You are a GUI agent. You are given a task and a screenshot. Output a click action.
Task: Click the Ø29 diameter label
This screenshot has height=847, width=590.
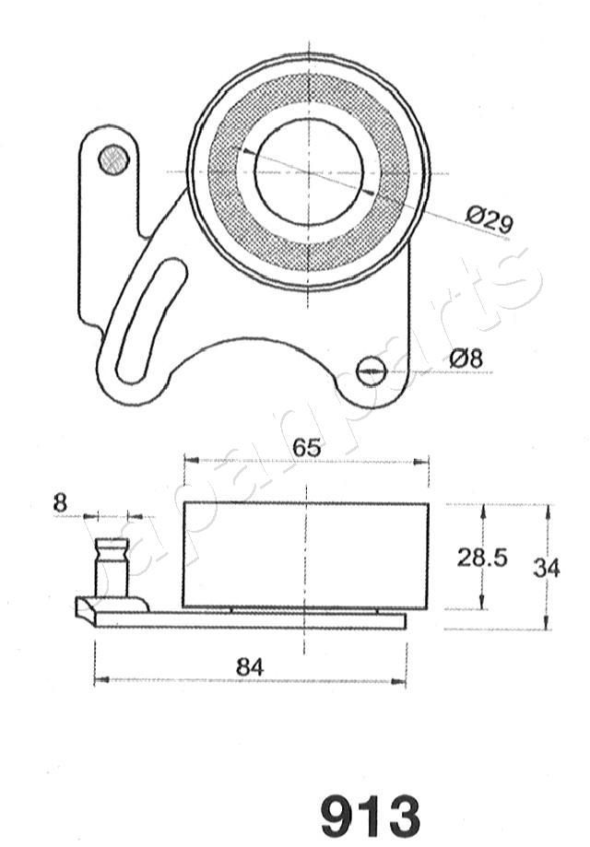pos(489,219)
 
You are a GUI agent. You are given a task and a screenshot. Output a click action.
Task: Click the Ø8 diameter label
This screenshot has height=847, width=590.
pos(466,359)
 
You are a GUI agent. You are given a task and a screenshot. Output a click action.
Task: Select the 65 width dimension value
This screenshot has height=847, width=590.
pos(307,448)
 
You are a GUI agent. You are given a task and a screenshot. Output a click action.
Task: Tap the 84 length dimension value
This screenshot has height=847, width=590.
pos(249,665)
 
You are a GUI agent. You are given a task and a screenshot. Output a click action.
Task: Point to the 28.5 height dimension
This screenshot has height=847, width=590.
pos(483,557)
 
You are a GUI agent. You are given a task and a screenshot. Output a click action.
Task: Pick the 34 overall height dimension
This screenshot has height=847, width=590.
pos(546,568)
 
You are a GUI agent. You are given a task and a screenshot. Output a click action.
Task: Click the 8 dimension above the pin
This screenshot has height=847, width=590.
pos(61,502)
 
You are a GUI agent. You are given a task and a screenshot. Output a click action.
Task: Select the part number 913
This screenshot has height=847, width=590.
pos(370,814)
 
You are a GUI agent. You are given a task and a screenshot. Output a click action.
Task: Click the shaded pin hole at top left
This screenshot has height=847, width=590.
pos(113,159)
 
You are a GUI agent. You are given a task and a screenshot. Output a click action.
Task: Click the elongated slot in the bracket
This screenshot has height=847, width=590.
pos(147,319)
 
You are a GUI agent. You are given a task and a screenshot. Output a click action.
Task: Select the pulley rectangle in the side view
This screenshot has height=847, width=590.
pos(304,555)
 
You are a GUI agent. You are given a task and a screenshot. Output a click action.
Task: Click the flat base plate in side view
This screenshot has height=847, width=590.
pos(249,621)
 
